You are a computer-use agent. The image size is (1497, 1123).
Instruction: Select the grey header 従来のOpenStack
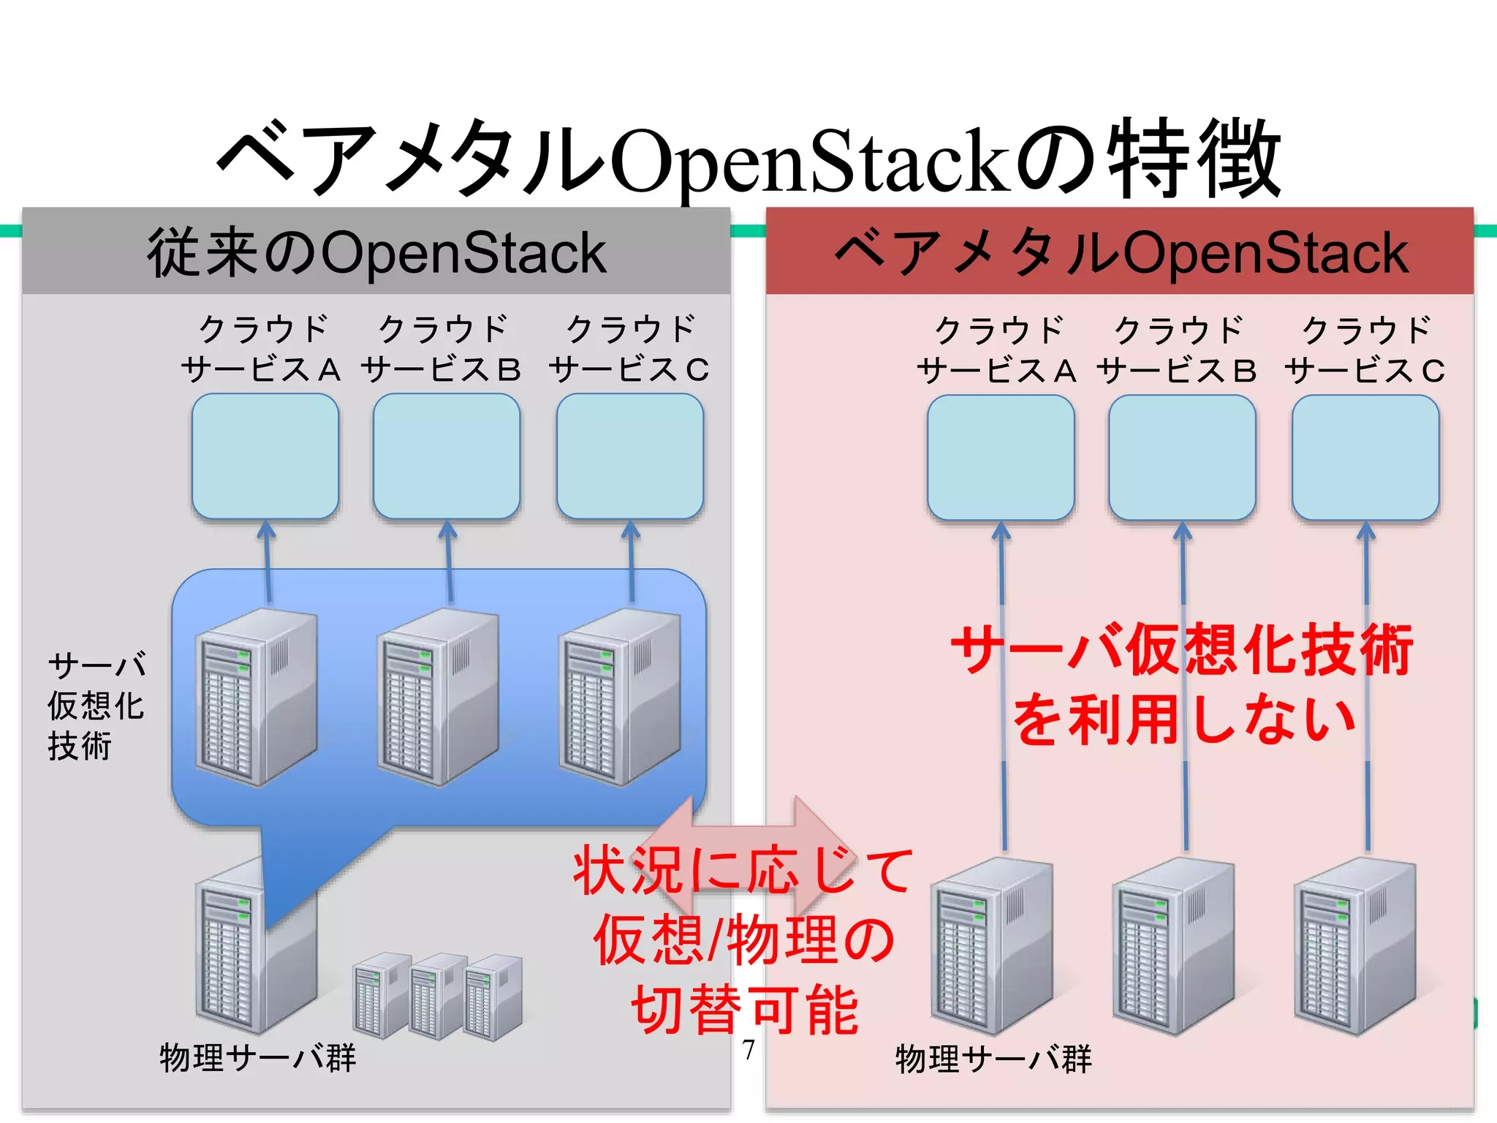[x=376, y=253]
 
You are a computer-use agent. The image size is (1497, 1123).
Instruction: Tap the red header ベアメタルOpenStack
[x=1120, y=253]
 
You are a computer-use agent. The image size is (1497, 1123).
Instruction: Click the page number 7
[x=748, y=1050]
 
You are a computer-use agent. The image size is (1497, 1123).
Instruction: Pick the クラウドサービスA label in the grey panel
[x=262, y=349]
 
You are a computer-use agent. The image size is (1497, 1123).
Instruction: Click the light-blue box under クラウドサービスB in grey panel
[x=447, y=456]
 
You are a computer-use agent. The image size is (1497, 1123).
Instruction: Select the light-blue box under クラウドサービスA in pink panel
[x=1001, y=458]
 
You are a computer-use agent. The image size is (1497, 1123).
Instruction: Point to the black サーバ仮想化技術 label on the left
[x=96, y=706]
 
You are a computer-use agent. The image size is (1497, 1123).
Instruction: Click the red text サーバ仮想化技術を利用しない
[x=1183, y=684]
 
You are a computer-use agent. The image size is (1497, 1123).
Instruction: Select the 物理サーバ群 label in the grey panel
[x=257, y=1058]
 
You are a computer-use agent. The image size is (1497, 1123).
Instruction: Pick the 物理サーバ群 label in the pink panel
[x=993, y=1059]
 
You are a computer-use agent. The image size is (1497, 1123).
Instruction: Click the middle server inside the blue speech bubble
[x=438, y=698]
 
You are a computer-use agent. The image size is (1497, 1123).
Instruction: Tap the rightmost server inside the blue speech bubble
[x=620, y=698]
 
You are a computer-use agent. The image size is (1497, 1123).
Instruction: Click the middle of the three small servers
[x=437, y=996]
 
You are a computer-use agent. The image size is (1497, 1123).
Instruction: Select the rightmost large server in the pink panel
[x=1354, y=947]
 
